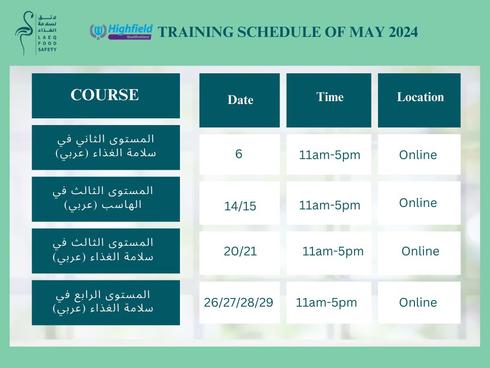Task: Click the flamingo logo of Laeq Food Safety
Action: (x=24, y=33)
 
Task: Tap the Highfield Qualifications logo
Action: (x=121, y=32)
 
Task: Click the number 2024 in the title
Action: (x=403, y=32)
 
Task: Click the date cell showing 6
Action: (x=239, y=154)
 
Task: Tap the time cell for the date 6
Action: (x=329, y=155)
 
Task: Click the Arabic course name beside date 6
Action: (x=106, y=147)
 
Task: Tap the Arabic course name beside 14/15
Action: (x=103, y=198)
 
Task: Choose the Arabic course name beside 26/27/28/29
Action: (x=103, y=302)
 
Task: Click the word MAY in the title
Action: (x=367, y=32)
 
